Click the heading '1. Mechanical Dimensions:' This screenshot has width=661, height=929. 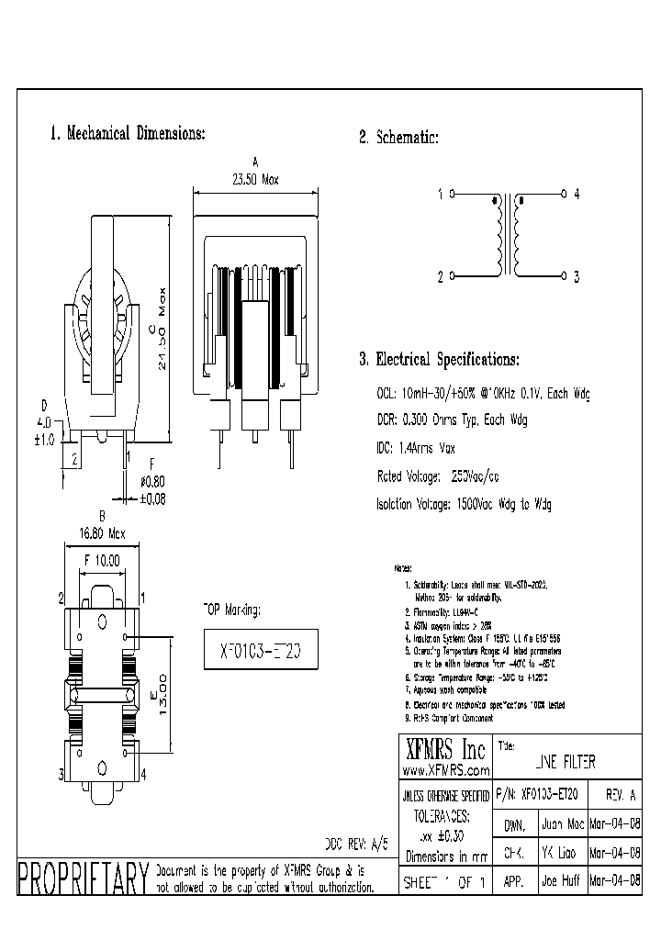(127, 133)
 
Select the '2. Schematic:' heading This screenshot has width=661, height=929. (398, 138)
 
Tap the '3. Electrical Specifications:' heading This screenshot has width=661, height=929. (439, 359)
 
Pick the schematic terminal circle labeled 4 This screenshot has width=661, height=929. (564, 195)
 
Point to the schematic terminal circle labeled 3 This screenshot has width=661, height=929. (564, 275)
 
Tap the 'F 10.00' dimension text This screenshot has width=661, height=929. (101, 559)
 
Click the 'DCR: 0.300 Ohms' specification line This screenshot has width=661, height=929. (451, 420)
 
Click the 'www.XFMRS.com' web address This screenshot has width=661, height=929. (445, 770)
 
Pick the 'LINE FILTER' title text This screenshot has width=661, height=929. (564, 762)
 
